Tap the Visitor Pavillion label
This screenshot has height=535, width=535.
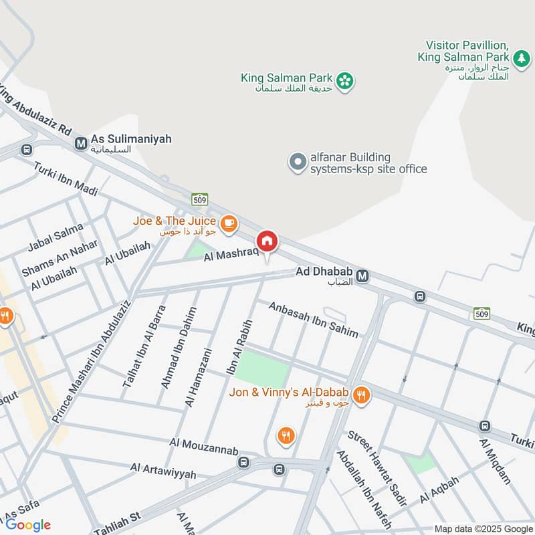pos(462,46)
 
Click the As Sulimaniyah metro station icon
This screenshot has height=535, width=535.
pos(81,142)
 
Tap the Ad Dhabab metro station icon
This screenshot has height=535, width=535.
pos(363,276)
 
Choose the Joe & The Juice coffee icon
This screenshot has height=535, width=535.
pos(229,223)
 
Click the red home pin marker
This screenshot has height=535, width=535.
pos(267,241)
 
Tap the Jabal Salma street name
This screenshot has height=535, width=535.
pos(56,237)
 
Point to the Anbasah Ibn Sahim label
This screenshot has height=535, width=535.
pos(313,320)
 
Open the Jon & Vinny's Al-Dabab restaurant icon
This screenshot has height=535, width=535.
pos(361,395)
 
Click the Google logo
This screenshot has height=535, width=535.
pos(28,525)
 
